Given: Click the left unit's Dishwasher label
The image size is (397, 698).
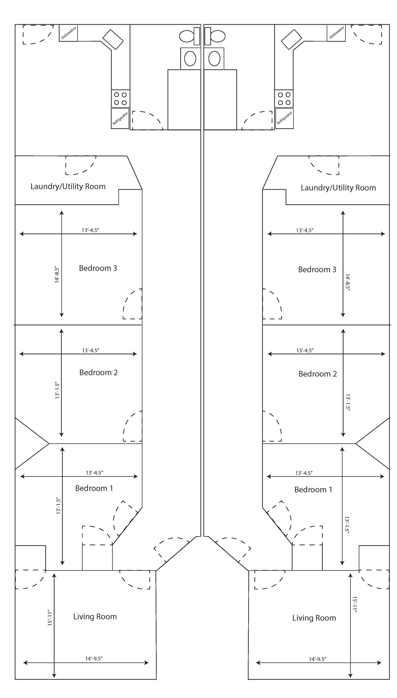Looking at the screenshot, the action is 69,33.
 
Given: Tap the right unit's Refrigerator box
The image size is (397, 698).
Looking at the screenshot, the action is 284,119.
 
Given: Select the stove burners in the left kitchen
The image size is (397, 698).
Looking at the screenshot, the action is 120,98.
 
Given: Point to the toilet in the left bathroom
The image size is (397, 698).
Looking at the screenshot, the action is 190,36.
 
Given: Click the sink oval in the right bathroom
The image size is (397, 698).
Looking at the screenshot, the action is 214,58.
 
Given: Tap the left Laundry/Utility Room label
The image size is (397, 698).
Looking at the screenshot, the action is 68,186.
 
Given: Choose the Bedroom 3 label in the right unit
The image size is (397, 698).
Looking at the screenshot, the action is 317,270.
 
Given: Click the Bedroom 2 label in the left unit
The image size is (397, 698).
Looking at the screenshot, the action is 98,373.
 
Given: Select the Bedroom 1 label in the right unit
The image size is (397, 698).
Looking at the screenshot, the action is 313,490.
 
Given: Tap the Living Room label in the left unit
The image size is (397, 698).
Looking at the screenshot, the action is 95,617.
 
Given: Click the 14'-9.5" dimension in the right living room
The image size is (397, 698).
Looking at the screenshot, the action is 317,659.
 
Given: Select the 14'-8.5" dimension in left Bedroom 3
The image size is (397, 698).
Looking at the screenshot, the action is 57,275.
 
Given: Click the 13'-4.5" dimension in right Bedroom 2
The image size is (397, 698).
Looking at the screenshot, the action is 305,350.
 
